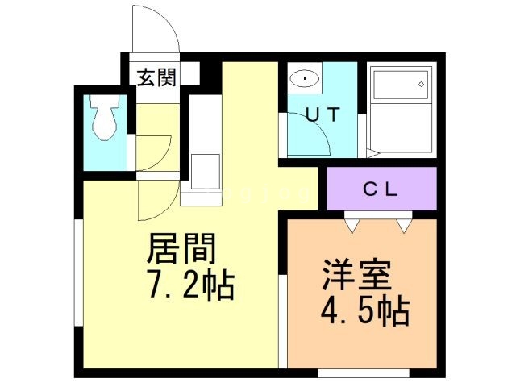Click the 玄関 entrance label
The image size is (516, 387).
pos(156,77)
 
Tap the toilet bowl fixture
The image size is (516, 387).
pos(104,119)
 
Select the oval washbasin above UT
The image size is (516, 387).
pos(305,79)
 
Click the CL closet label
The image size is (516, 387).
pos(381,189)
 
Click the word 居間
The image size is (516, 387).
pos(181,252)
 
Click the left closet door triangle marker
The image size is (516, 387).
pos(353,224)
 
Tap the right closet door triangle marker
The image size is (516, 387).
pos(403,224)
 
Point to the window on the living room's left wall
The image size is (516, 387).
pos(78,274)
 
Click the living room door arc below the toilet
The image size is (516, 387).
pos(153,202)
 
